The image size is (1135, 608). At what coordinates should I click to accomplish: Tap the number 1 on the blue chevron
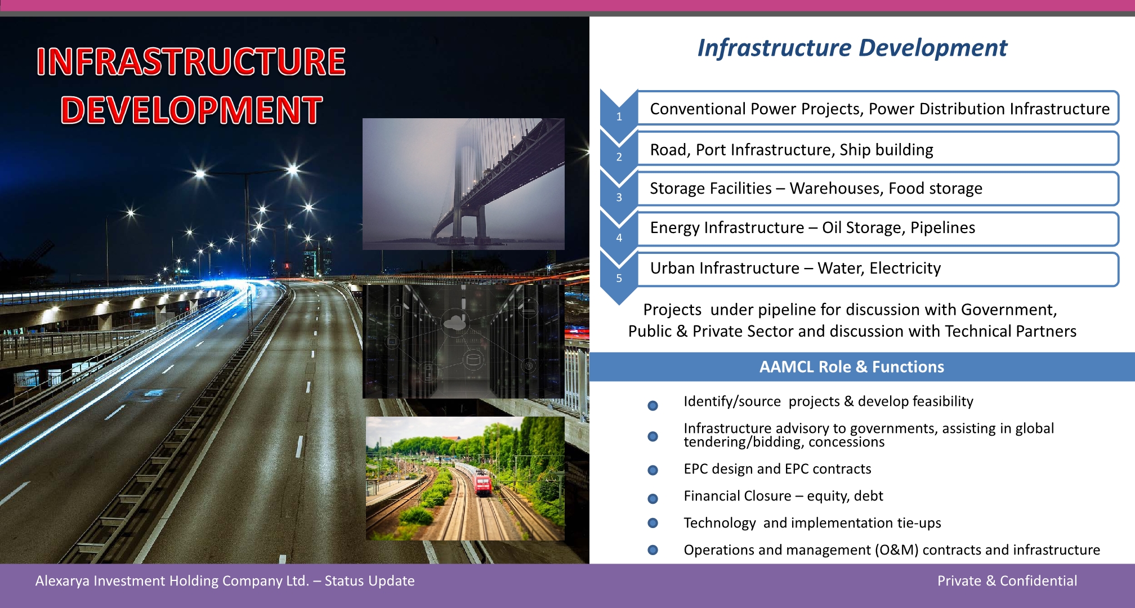click(x=619, y=117)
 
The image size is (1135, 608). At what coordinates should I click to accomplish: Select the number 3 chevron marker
click(x=619, y=198)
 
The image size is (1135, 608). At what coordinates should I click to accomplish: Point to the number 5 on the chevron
click(x=619, y=278)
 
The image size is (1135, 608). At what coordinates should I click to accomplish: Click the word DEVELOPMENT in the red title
click(x=191, y=110)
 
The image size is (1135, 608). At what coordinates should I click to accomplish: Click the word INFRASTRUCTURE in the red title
click(x=191, y=61)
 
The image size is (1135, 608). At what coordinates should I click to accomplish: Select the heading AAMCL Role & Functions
click(x=851, y=367)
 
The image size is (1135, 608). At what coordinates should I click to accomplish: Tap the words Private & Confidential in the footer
click(x=1007, y=581)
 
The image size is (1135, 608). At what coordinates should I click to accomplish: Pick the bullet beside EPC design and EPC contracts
click(x=653, y=470)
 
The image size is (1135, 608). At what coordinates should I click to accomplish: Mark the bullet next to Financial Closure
click(x=653, y=498)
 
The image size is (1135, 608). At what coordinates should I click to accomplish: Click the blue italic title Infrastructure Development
click(x=852, y=48)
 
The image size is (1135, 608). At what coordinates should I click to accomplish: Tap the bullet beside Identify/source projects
click(x=653, y=405)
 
